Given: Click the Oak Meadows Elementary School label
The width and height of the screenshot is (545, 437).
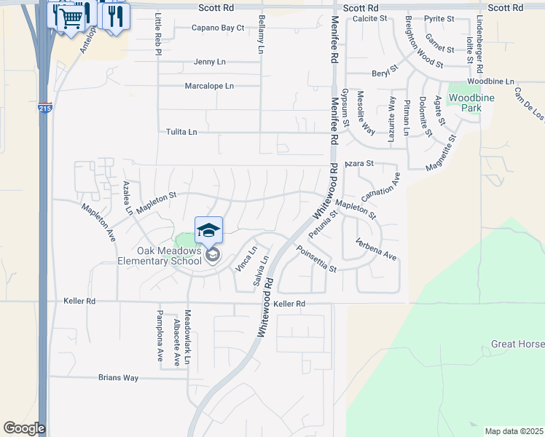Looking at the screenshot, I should click(x=160, y=255).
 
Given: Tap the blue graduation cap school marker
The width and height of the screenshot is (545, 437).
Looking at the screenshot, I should click(x=208, y=231).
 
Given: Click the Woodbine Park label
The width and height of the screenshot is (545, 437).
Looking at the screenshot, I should click(x=465, y=103).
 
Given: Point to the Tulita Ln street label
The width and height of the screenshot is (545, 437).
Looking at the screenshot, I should click(x=182, y=132).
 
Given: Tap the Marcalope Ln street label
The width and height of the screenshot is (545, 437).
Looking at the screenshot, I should click(x=209, y=86).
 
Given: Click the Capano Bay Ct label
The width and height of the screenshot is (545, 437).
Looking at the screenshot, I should click(x=218, y=28).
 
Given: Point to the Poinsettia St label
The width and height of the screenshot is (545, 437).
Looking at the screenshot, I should click(x=315, y=259).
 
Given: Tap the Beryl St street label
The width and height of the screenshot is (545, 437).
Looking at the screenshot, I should click(x=384, y=72).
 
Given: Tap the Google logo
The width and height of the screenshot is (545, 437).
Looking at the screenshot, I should click(x=24, y=428).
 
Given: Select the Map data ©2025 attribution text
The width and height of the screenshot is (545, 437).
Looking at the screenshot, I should click(x=514, y=431).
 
